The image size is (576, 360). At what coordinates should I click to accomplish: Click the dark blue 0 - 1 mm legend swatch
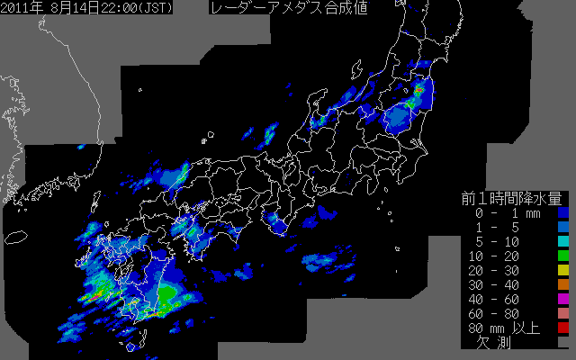click(562, 213)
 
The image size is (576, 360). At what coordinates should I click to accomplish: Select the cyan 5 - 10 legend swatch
click(562, 242)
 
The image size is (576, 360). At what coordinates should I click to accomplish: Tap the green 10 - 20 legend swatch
click(562, 256)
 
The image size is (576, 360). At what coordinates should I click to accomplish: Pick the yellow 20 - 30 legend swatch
click(562, 271)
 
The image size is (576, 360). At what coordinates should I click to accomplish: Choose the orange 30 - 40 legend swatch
click(562, 285)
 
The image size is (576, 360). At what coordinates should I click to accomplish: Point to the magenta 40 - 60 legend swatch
click(562, 300)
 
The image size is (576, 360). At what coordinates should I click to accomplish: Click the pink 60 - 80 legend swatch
click(562, 314)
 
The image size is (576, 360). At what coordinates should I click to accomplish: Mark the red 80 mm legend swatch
click(562, 328)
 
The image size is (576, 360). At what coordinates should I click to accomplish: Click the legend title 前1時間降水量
click(511, 198)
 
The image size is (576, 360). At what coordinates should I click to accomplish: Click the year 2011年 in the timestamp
click(22, 8)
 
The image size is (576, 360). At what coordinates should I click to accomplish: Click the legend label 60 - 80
click(499, 314)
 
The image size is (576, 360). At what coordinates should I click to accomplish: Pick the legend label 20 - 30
click(499, 271)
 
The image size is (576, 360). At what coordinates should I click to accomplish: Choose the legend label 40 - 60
click(499, 300)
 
